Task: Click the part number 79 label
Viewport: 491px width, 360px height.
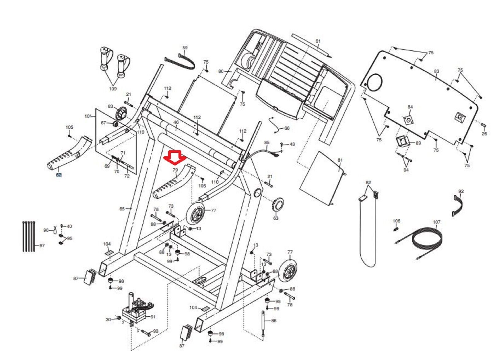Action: [x=175, y=170]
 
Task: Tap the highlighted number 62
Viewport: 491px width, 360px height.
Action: [x=59, y=175]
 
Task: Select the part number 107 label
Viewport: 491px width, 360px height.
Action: [x=436, y=222]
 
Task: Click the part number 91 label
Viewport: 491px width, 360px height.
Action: [x=153, y=317]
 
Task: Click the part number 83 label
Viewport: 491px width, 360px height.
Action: [x=436, y=71]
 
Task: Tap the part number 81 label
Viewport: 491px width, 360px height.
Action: [x=340, y=160]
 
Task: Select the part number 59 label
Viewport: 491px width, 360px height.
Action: [x=185, y=48]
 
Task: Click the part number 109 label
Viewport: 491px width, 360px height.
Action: [x=113, y=89]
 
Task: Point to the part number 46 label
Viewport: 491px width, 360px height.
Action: [x=176, y=122]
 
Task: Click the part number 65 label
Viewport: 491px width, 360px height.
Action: [x=122, y=209]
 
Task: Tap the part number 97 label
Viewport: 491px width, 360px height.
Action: [x=42, y=245]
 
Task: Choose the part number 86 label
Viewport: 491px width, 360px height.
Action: [x=274, y=321]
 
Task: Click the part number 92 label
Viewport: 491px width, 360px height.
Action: [x=461, y=191]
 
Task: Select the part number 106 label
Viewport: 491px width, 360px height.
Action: [x=396, y=221]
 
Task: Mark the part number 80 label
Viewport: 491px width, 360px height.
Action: [x=221, y=72]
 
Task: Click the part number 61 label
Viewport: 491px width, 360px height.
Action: [x=318, y=41]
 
